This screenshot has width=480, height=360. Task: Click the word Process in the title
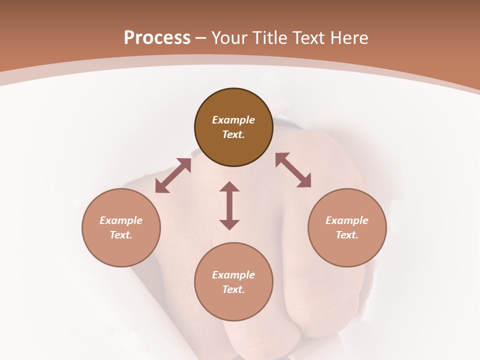pyautogui.click(x=157, y=38)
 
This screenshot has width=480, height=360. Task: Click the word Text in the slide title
pyautogui.click(x=308, y=38)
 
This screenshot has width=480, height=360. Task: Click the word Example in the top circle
pyautogui.click(x=233, y=120)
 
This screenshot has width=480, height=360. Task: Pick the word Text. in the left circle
pyautogui.click(x=121, y=235)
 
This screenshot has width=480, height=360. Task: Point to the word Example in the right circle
pyautogui.click(x=347, y=220)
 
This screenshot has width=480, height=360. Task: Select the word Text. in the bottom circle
pyautogui.click(x=233, y=289)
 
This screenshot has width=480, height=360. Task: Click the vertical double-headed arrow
pyautogui.click(x=229, y=205)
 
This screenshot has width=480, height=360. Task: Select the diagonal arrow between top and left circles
pyautogui.click(x=173, y=175)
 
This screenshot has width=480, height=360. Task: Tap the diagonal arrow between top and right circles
pyautogui.click(x=293, y=170)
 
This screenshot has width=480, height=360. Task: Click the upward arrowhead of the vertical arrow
pyautogui.click(x=229, y=186)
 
